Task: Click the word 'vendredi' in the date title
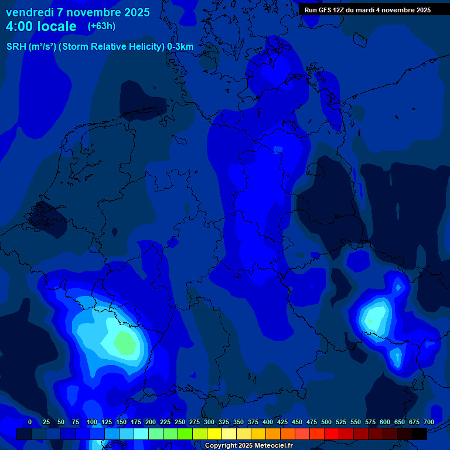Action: click(x=30, y=12)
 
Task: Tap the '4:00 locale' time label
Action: click(x=41, y=26)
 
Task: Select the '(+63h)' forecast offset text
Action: click(x=101, y=26)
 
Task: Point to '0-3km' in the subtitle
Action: click(x=180, y=47)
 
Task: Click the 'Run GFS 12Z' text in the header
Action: click(x=324, y=10)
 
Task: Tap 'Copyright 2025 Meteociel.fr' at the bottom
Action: click(x=248, y=446)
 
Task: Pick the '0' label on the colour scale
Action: click(x=30, y=422)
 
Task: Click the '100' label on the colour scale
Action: click(x=92, y=422)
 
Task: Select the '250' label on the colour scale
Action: click(x=180, y=422)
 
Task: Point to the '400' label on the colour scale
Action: click(x=268, y=422)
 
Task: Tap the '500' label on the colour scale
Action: click(x=326, y=422)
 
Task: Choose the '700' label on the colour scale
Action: click(x=429, y=422)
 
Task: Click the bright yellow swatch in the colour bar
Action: click(x=214, y=434)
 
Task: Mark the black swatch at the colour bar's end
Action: click(x=420, y=434)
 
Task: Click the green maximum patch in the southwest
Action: click(x=124, y=342)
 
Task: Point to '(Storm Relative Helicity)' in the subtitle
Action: click(x=111, y=47)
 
